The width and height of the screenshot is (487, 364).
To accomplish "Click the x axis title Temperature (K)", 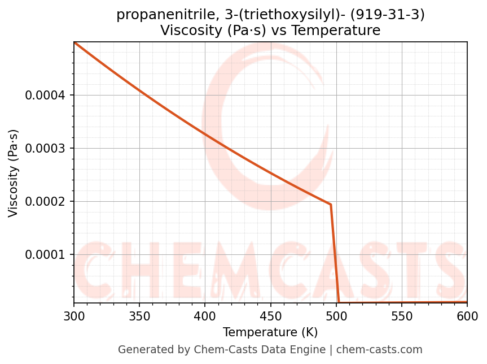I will pyautogui.click(x=270, y=332).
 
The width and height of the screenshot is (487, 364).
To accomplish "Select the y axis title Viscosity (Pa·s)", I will pyautogui.click(x=14, y=173).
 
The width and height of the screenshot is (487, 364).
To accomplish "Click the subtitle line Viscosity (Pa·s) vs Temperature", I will pyautogui.click(x=270, y=31).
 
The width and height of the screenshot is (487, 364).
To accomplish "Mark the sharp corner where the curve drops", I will pyautogui.click(x=331, y=204).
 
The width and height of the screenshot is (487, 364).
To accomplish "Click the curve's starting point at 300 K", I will pyautogui.click(x=74, y=42).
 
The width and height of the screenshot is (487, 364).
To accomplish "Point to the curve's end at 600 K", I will pyautogui.click(x=467, y=302).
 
